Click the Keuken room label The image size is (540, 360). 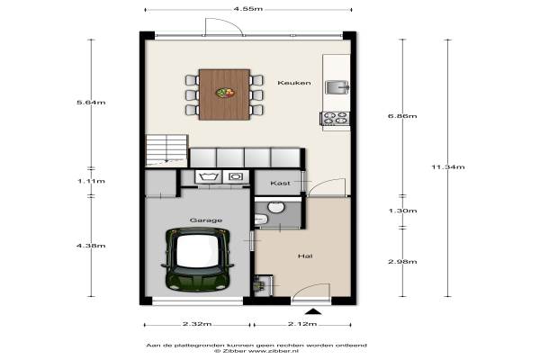(294, 83)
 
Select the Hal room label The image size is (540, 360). (305, 256)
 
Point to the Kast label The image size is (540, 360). (280, 183)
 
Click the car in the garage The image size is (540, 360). (197, 258)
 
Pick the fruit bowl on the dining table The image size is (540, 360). (225, 93)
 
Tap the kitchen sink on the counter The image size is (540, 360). (337, 87)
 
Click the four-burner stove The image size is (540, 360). (336, 118)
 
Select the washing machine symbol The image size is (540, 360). (209, 176)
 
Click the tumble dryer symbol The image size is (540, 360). (236, 176)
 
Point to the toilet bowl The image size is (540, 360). (276, 207)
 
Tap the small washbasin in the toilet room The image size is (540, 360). (261, 219)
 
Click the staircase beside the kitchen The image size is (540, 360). (166, 150)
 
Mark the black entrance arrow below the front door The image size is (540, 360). (313, 311)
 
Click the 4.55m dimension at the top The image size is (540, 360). (248, 9)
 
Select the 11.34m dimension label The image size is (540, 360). (448, 167)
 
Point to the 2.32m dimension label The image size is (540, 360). (197, 324)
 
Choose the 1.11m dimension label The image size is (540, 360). (91, 181)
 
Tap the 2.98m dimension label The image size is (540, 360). (402, 262)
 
